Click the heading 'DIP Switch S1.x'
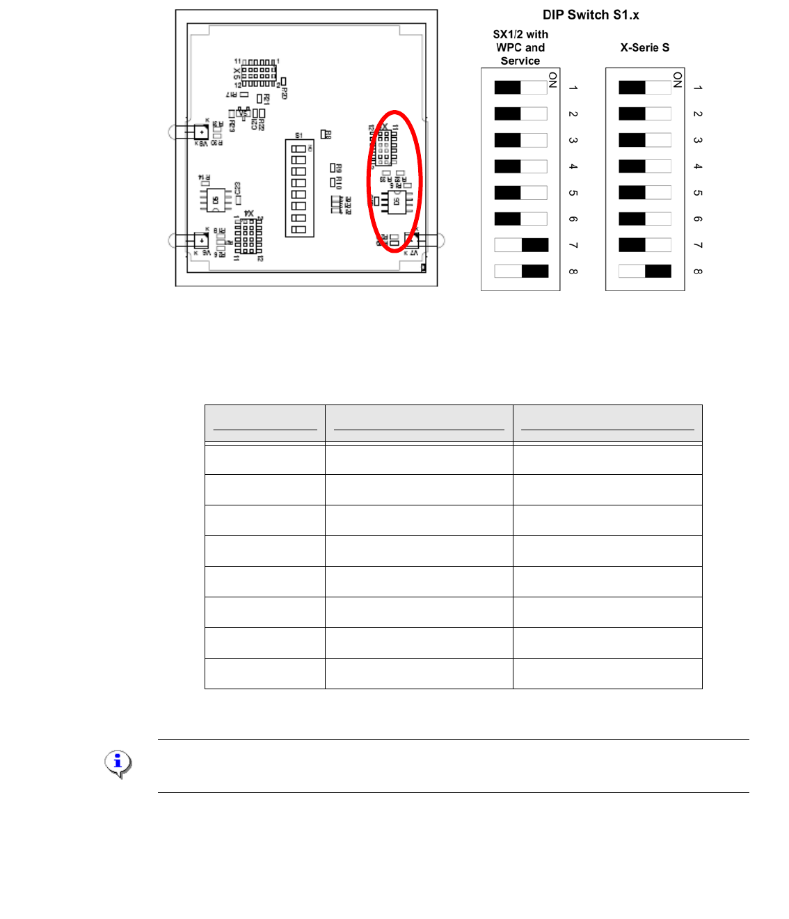591,15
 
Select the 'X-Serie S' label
644,47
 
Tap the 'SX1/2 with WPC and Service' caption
520,47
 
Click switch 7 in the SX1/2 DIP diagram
521,245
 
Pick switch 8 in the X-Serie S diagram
645,272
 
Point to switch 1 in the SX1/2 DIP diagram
521,88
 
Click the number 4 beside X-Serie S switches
698,166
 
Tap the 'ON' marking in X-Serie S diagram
677,80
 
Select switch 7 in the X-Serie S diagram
645,245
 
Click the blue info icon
118,763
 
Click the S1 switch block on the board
299,188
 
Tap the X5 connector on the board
258,72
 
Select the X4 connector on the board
248,236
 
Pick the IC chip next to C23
216,201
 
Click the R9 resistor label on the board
339,168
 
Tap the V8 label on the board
202,143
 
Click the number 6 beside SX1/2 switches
573,219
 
